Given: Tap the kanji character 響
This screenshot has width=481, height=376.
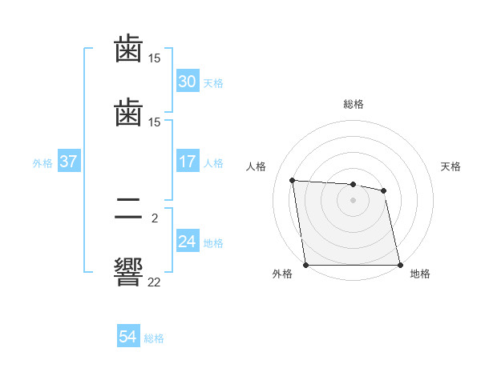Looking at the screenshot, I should tap(128, 271).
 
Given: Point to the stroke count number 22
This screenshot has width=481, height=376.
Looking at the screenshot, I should tap(154, 282).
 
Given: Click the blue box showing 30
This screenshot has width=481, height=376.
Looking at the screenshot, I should tap(187, 82).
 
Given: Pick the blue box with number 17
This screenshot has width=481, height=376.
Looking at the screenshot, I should tap(187, 162).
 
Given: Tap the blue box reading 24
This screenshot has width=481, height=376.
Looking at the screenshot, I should tap(187, 242).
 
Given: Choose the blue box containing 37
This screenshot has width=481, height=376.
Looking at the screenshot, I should tap(68, 162).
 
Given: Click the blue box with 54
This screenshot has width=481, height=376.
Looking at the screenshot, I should tap(127, 337).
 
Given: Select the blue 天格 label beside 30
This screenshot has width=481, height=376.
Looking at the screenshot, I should tap(213, 83).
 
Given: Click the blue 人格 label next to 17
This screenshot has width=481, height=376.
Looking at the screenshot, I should tap(213, 163).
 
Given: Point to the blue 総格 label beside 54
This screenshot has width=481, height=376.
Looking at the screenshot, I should tap(154, 338).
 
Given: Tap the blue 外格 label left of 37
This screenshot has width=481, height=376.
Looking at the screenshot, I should tap(42, 163).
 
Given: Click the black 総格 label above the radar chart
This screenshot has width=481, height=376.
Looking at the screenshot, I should tap(354, 104).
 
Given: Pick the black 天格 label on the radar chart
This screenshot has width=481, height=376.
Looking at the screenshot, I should tap(451, 166).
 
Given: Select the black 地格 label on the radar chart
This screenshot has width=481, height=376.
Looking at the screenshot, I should tap(420, 274).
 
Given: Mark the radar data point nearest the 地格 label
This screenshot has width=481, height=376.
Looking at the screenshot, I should tap(400, 265).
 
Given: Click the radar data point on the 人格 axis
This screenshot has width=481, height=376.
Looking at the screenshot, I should tap(293, 180).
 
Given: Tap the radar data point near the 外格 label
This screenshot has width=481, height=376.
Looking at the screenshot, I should tap(306, 265).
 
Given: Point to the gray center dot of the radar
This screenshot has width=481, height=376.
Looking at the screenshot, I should tap(354, 200).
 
